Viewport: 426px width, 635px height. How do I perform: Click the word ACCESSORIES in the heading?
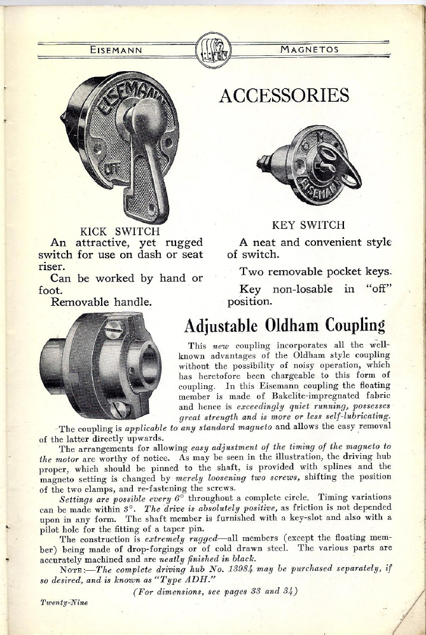pos(284,95)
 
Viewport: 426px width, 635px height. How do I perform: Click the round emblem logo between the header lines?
pos(212,48)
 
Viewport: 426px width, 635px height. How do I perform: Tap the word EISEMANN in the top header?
pos(116,49)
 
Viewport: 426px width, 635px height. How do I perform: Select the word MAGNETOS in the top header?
pos(310,49)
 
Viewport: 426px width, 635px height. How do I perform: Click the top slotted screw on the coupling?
pos(114,330)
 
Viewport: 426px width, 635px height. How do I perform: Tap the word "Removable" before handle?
pos(81,302)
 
